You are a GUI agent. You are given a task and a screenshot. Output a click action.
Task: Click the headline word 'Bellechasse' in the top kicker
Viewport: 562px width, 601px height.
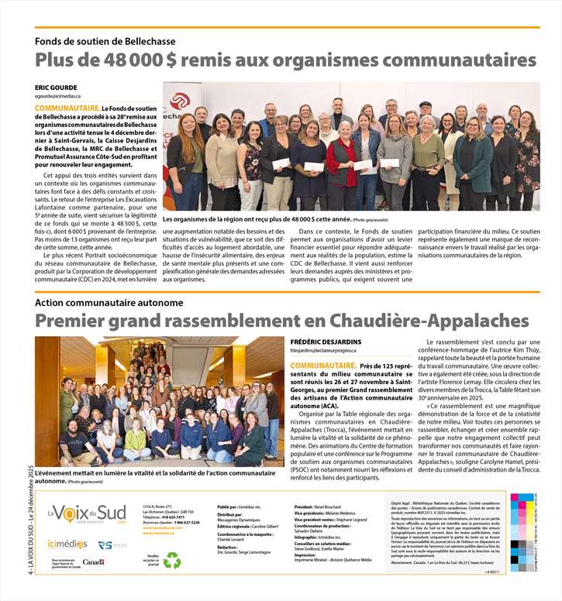[146, 41]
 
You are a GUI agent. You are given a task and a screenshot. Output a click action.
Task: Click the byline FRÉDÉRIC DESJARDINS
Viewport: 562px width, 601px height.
[325, 341]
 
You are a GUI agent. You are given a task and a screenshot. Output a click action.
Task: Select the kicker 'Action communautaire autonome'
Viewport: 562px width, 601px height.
[109, 302]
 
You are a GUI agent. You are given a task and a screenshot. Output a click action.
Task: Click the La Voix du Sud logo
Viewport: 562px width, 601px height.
[86, 513]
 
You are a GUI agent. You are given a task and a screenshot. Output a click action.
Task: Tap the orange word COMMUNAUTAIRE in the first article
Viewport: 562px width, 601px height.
[67, 108]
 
